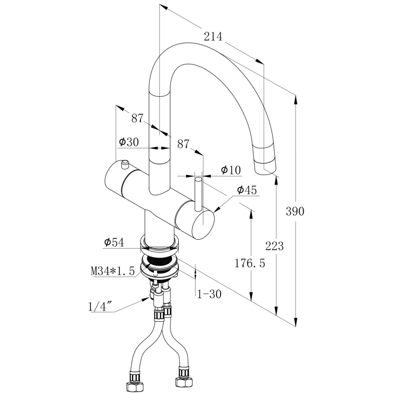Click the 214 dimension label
click(213, 36)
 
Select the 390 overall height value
click(295, 211)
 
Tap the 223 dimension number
click(274, 246)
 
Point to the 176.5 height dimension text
click(249, 264)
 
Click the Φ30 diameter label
click(129, 142)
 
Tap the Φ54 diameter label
click(113, 242)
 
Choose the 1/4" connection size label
click(102, 307)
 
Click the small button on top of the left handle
click(123, 163)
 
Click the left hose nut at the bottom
click(133, 383)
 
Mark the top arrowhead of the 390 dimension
click(296, 98)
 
